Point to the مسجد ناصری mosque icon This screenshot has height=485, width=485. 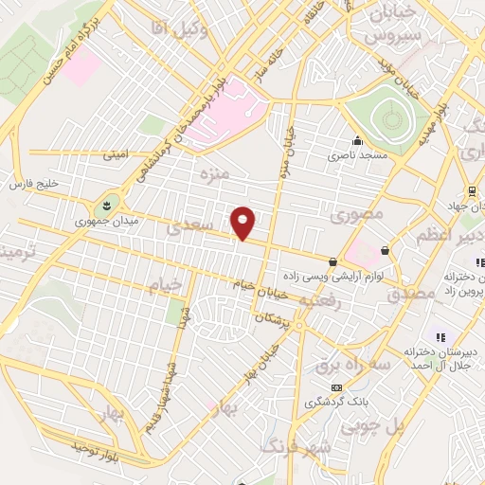[x=357, y=142]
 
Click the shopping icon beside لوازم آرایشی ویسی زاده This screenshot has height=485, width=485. [x=332, y=261]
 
